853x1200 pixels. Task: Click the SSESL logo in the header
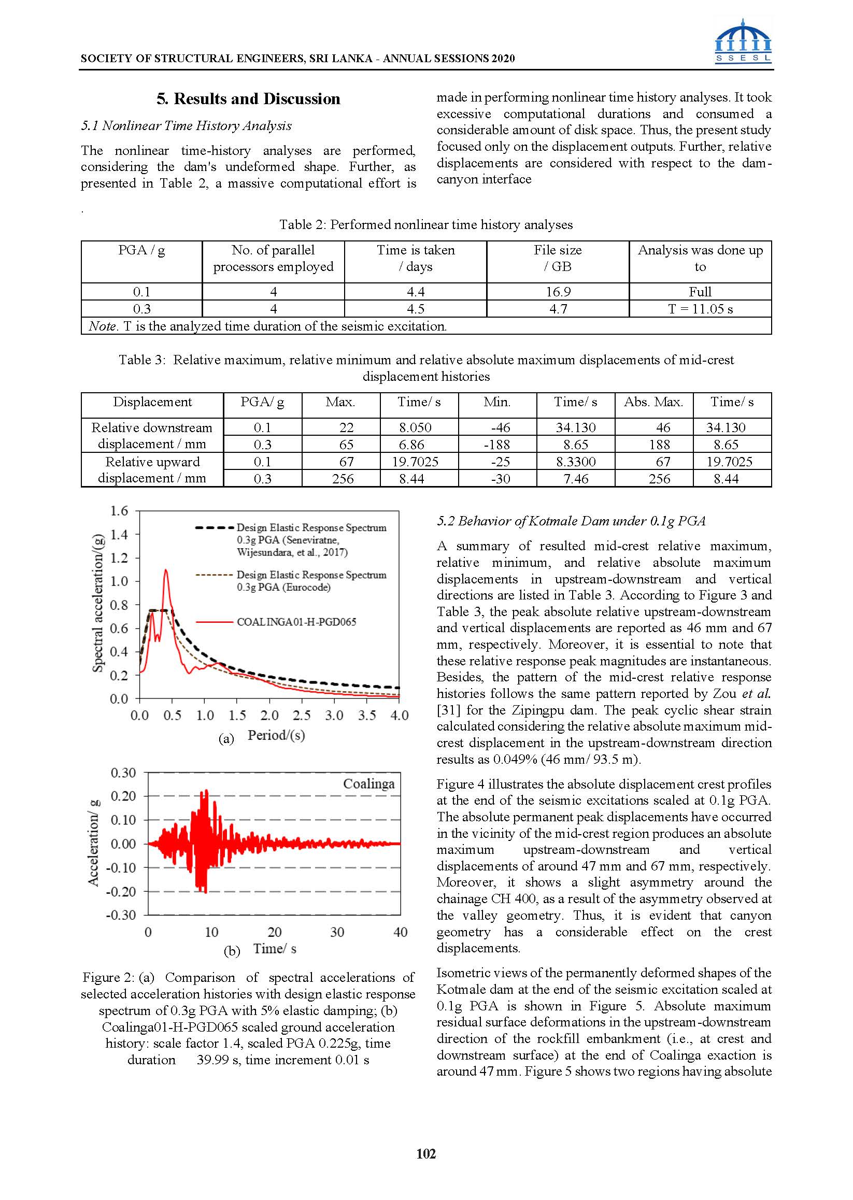pos(743,41)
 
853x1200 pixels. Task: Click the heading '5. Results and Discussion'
pos(248,99)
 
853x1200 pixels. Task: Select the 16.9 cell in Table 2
pos(558,292)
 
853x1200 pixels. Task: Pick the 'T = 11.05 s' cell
pos(700,309)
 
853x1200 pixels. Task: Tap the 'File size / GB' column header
pos(558,259)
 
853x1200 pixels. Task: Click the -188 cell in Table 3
pos(497,445)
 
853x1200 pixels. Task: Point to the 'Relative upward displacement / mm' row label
pos(152,469)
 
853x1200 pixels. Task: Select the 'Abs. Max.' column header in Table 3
pos(653,402)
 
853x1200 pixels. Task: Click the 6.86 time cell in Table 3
pos(411,445)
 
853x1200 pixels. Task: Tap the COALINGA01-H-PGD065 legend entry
pos(296,622)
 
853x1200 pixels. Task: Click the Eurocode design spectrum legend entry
pos(311,581)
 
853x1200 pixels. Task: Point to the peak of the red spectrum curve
pos(166,570)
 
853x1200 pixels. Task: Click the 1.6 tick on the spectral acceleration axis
pos(119,511)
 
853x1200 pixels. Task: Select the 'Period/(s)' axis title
pos(276,735)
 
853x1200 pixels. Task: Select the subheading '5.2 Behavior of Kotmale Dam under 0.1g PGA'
pos(571,521)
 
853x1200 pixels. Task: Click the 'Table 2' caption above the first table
pos(426,225)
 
